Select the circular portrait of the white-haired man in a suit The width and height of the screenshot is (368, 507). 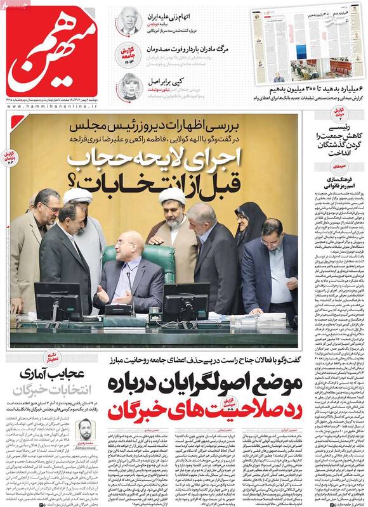pyautogui.click(x=129, y=22)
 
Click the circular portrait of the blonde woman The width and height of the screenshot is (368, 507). pyautogui.click(x=129, y=86)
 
